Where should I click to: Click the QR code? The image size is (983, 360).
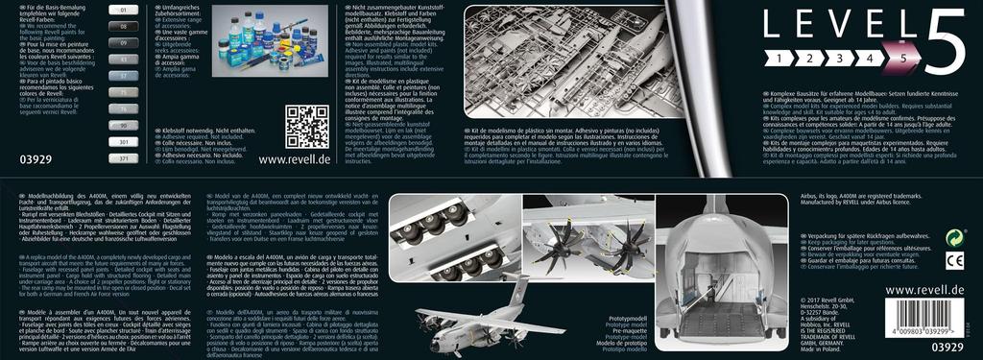[x=307, y=126]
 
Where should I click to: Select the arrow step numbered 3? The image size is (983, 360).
[x=840, y=59]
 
